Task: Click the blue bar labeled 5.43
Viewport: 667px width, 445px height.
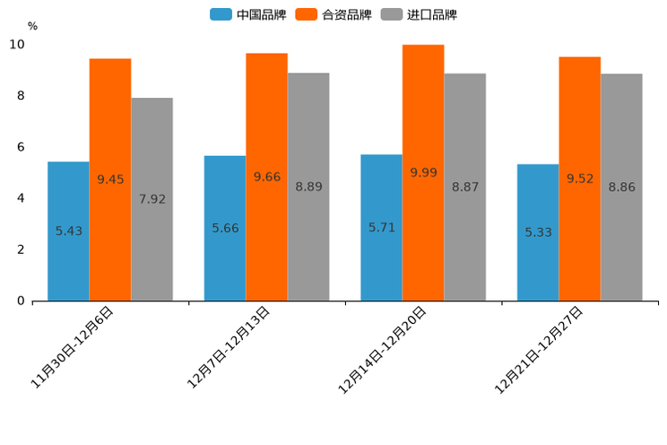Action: (68, 231)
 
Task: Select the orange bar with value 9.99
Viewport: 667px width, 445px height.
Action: (423, 172)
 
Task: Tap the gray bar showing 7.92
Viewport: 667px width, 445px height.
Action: (152, 199)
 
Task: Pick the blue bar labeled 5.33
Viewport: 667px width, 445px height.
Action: (538, 231)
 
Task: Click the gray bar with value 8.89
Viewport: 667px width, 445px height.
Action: (308, 187)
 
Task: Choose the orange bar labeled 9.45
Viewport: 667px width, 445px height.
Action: (110, 179)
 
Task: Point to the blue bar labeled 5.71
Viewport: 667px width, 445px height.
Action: (381, 227)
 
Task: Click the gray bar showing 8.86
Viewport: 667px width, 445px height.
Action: (621, 187)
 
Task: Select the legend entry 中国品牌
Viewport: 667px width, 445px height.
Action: (248, 14)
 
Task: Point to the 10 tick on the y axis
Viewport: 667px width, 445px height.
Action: (17, 45)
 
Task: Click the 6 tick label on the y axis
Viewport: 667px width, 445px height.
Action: (21, 147)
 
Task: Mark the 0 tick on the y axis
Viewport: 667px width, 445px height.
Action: (21, 301)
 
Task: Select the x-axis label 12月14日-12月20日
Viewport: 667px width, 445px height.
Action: (383, 349)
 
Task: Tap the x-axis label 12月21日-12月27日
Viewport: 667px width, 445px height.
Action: (539, 349)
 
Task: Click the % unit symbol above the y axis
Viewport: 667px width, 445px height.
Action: (32, 26)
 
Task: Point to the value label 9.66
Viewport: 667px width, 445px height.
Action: (267, 177)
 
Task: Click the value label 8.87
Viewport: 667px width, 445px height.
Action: (465, 187)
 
